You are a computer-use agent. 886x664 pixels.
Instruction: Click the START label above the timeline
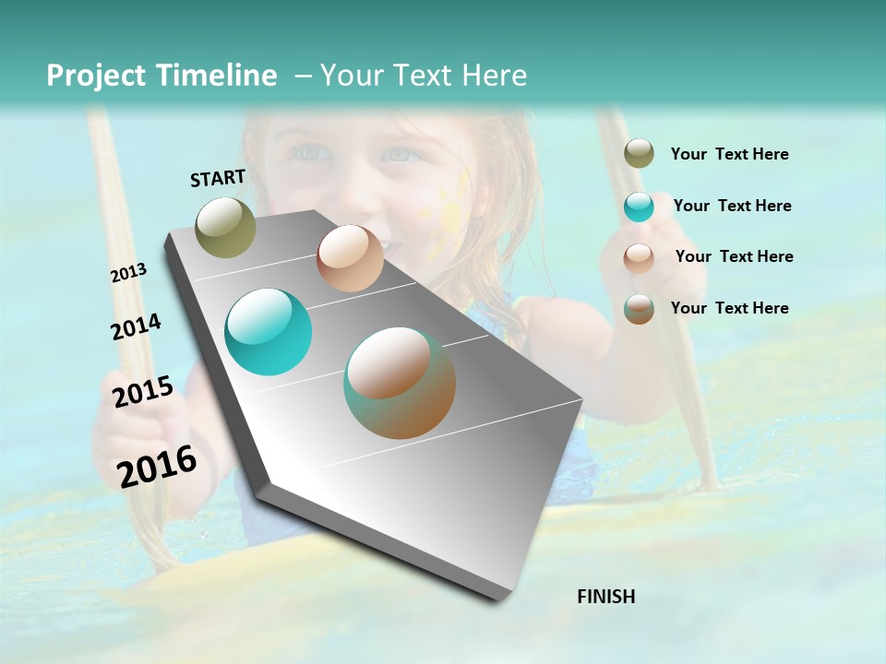click(218, 178)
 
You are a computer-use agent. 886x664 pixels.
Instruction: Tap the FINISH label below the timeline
click(605, 597)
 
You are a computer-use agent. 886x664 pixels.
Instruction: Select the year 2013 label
click(128, 273)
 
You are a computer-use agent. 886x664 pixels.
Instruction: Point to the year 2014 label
click(136, 326)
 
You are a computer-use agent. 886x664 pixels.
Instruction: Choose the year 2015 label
click(143, 392)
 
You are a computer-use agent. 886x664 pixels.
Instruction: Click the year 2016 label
click(157, 466)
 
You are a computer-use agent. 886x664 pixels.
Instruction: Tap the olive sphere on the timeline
click(225, 227)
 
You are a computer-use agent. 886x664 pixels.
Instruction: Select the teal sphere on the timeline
click(269, 332)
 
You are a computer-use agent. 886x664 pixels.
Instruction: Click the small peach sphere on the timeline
click(350, 258)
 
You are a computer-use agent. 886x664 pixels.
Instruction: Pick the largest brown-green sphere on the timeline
click(400, 383)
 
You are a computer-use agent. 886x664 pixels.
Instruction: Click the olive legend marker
click(639, 153)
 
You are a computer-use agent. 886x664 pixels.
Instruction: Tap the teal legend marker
click(639, 206)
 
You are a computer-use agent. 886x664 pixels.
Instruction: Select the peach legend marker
click(639, 257)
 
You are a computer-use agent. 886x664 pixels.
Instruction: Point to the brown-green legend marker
click(639, 308)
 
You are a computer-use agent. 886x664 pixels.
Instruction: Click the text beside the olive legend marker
click(729, 154)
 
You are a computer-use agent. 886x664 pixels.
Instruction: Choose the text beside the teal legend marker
click(732, 206)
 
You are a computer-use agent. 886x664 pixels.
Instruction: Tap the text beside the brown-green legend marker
click(729, 308)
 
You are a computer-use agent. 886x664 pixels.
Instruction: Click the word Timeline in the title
click(218, 76)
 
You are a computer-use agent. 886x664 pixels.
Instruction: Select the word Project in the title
click(95, 76)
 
